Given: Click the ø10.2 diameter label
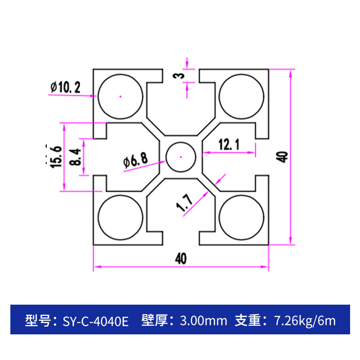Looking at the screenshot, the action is pos(66,87).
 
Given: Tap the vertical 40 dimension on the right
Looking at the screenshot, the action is pos(283,157).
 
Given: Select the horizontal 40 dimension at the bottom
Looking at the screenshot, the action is pos(180,259).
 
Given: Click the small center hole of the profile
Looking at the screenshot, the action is pos(180,157).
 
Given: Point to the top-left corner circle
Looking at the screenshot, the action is pos(120,96).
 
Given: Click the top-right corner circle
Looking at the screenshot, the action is pos(241,96).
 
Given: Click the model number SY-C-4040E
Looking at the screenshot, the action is pos(95,321).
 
